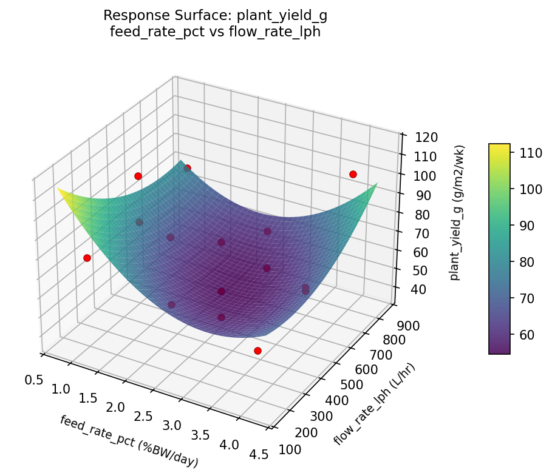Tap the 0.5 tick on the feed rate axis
click(x=34, y=380)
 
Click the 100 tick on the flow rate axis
click(x=291, y=449)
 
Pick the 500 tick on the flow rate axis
click(x=350, y=384)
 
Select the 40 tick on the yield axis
click(x=415, y=290)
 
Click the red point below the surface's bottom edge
click(x=257, y=351)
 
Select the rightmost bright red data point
click(x=353, y=174)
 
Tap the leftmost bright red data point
click(x=87, y=258)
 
